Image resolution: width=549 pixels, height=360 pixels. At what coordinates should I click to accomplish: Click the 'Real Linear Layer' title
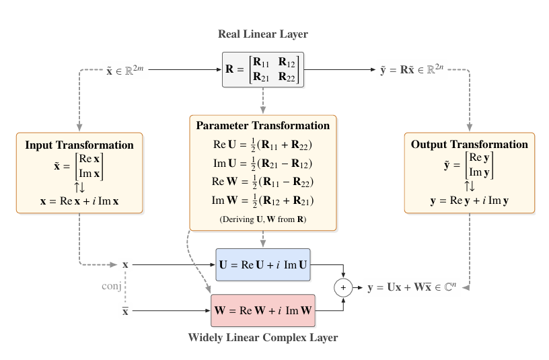263,34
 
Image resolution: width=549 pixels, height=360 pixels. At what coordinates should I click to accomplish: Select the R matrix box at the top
263,69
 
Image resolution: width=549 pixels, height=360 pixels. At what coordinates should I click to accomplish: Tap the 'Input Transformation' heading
79,145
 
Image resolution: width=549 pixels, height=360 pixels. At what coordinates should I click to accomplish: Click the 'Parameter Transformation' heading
263,126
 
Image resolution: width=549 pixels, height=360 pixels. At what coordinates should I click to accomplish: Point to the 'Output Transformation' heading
470,145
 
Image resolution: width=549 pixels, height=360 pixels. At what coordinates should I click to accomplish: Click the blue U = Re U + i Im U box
263,265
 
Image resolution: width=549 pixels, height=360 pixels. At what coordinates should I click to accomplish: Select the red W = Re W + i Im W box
263,311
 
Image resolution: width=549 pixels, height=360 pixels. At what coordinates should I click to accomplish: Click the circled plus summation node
344,288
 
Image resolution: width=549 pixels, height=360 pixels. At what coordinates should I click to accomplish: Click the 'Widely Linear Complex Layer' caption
263,337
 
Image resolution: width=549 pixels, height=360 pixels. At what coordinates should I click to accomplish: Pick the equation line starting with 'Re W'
263,182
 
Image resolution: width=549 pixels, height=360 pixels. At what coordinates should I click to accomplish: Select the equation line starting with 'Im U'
263,163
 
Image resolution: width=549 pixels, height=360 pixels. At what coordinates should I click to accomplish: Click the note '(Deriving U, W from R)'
263,219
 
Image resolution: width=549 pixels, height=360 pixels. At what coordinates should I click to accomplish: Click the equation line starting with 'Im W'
263,201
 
